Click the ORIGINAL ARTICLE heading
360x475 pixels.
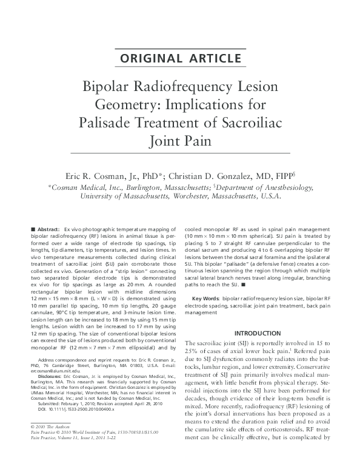pyautogui.click(x=180, y=58)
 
